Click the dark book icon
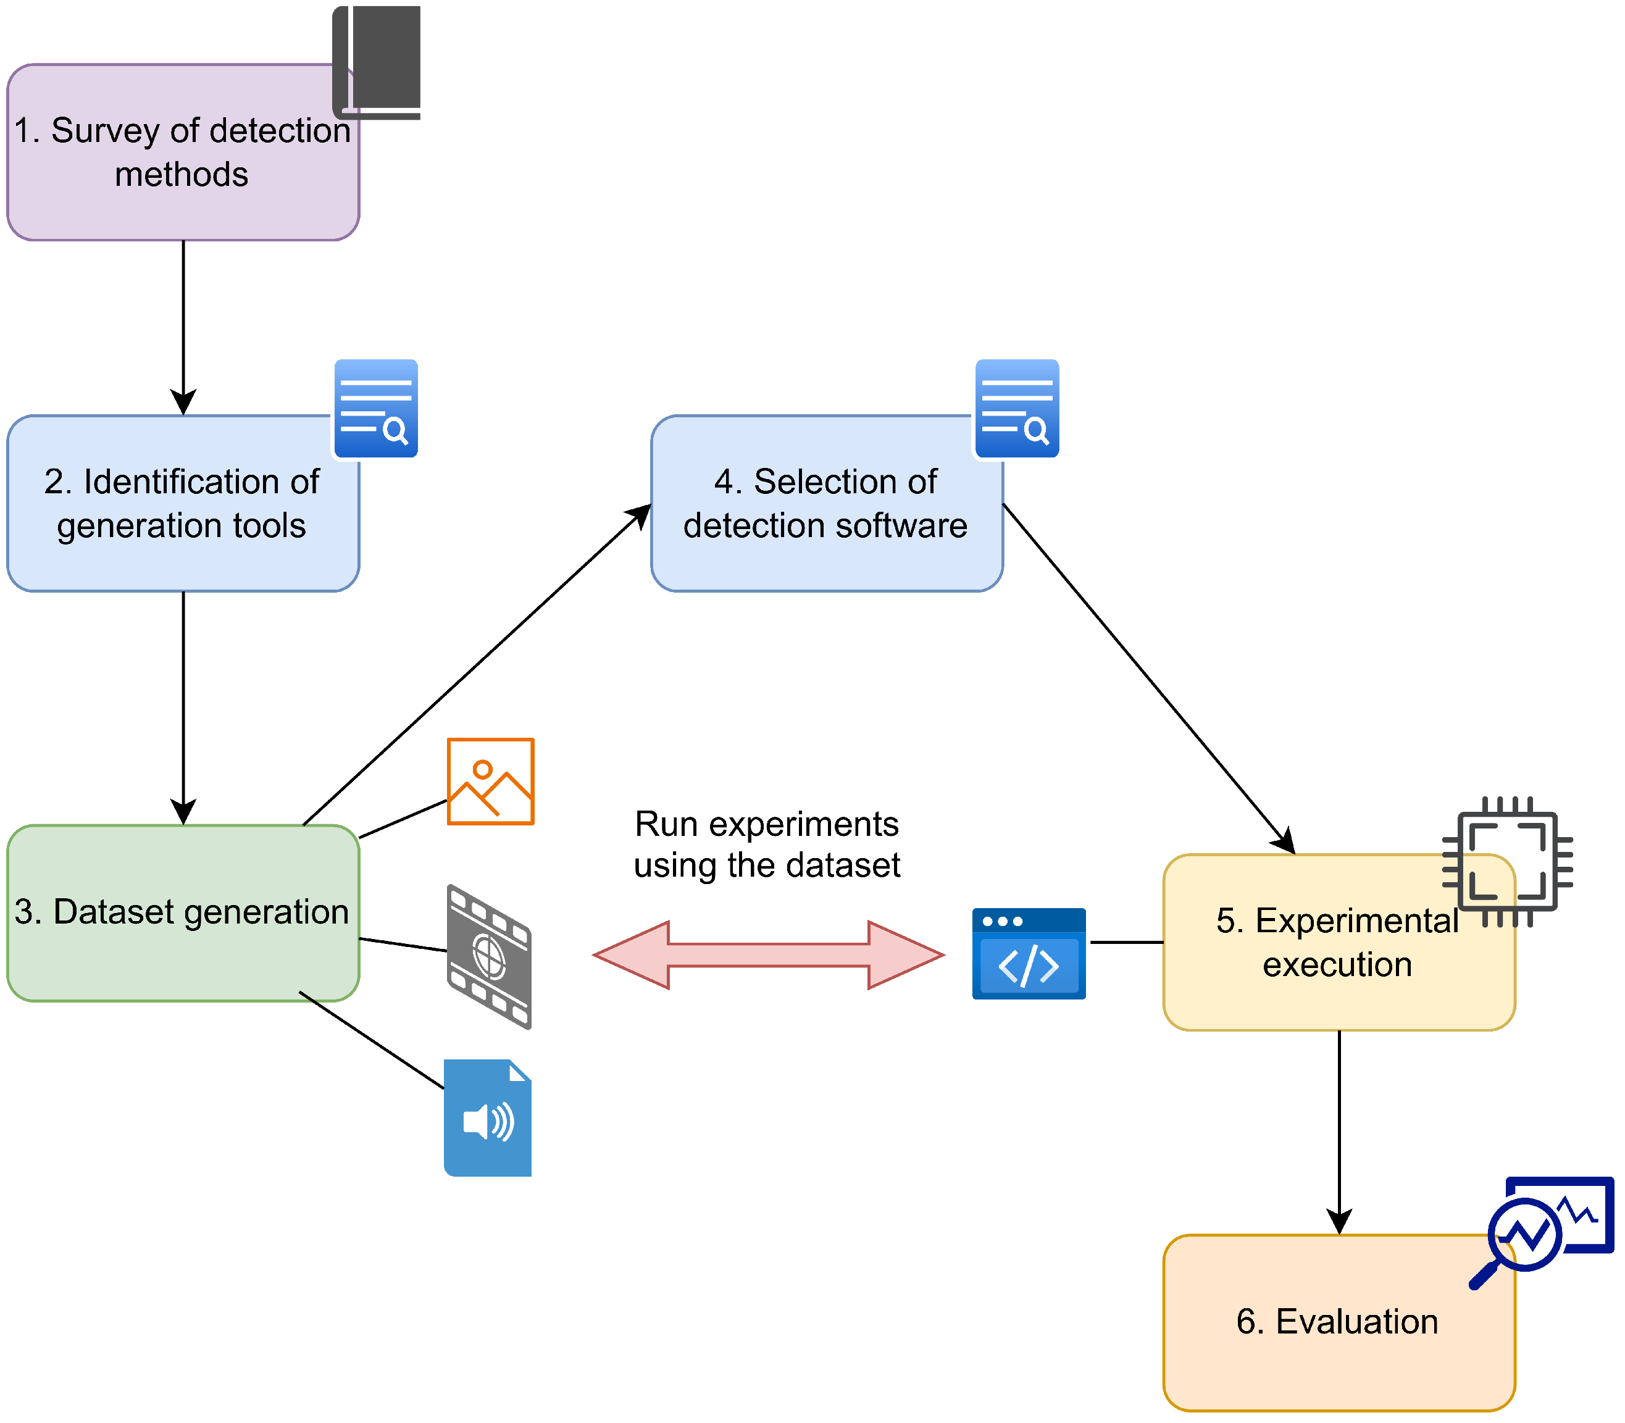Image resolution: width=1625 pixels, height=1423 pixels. click(x=377, y=62)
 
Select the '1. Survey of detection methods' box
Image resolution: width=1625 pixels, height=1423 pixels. click(x=183, y=152)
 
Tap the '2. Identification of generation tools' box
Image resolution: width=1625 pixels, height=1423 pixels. click(x=183, y=503)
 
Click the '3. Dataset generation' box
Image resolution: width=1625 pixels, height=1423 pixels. click(x=183, y=913)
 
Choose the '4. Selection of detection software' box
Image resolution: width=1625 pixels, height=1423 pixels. click(x=827, y=503)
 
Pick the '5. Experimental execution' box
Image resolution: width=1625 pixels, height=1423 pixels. click(x=1339, y=943)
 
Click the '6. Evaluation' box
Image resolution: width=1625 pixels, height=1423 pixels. click(x=1339, y=1323)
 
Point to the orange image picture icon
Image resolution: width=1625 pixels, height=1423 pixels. click(x=491, y=782)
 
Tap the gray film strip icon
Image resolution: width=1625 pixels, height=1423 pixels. click(x=489, y=957)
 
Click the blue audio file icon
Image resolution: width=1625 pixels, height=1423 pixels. click(x=488, y=1118)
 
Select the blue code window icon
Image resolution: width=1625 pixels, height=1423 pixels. click(x=1029, y=954)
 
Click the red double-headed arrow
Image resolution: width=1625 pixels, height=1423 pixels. click(x=769, y=955)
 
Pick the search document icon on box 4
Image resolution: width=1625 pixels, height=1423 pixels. click(x=1017, y=408)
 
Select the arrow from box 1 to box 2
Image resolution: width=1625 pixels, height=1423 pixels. click(x=183, y=328)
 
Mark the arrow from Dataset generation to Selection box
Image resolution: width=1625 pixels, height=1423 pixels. click(x=477, y=665)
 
